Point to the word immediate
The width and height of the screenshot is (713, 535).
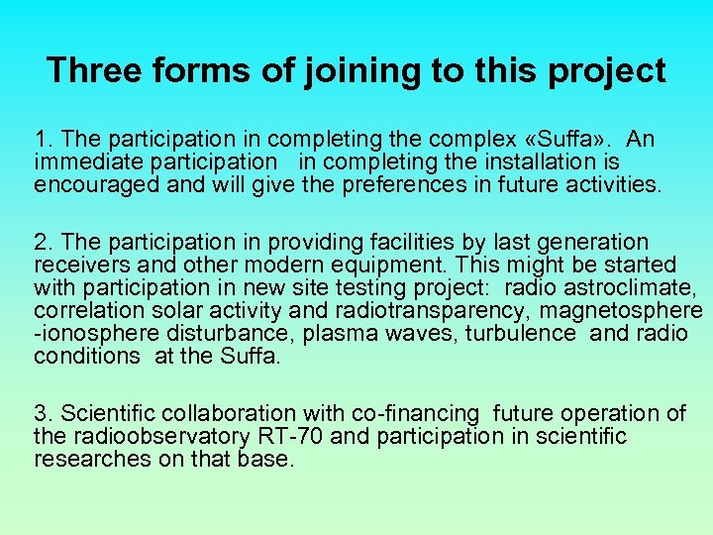(83, 160)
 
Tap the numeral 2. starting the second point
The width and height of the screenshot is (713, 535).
(43, 243)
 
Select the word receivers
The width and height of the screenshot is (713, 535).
(78, 266)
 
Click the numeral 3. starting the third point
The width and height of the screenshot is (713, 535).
(43, 413)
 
